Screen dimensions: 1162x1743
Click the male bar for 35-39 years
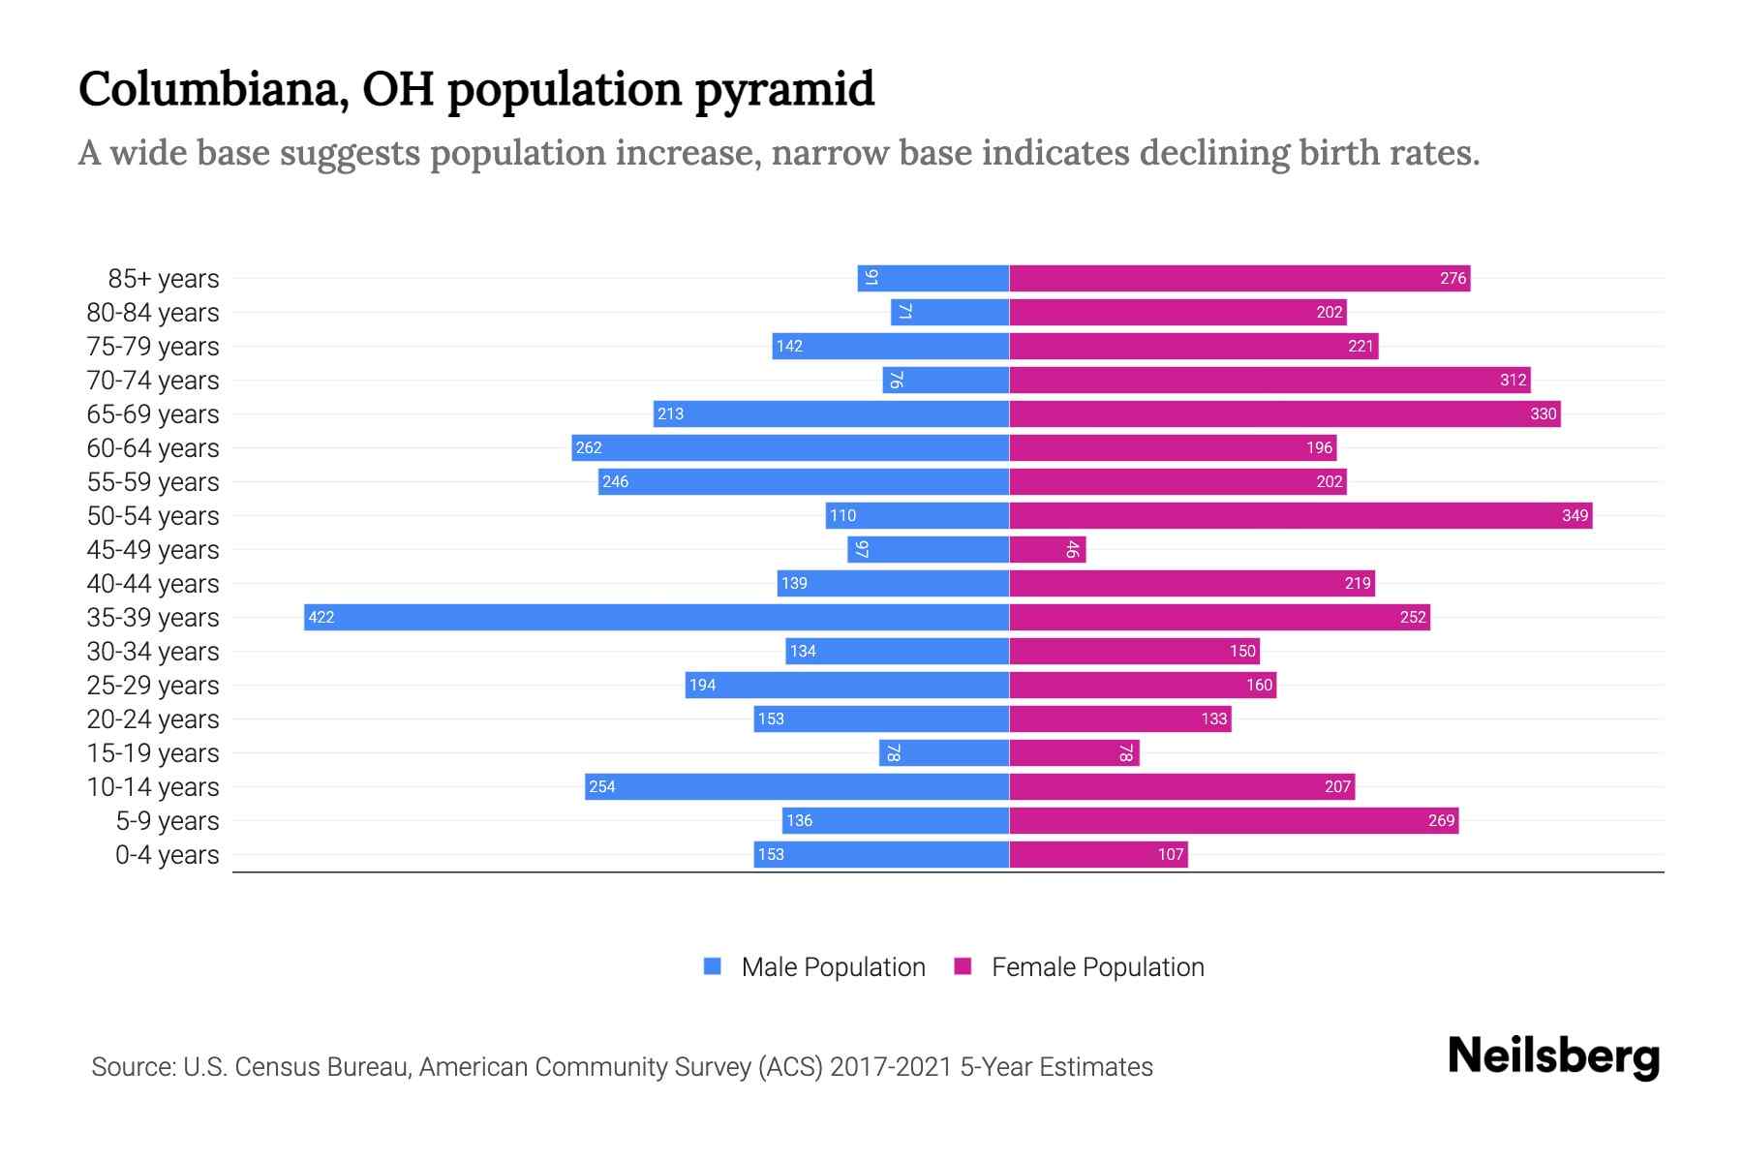[657, 617]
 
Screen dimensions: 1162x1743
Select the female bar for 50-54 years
[1300, 515]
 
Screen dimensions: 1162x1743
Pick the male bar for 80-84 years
[950, 312]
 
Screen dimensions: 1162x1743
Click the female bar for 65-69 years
[1285, 413]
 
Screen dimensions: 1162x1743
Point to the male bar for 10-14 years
[797, 786]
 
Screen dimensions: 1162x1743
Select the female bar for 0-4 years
[1098, 854]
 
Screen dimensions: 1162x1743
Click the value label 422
[321, 617]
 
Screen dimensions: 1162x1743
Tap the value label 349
[1575, 515]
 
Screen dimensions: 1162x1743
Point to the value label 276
[1452, 278]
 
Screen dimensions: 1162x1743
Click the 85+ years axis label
[164, 279]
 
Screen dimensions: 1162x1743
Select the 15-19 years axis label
[153, 753]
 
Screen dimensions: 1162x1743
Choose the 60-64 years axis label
[153, 448]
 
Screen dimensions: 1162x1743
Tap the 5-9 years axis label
[168, 821]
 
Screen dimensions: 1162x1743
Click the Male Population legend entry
[833, 966]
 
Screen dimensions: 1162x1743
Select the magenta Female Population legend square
[963, 965]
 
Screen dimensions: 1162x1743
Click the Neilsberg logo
[1553, 1056]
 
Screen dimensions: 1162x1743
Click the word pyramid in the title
[784, 90]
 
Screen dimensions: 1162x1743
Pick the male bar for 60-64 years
[790, 447]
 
